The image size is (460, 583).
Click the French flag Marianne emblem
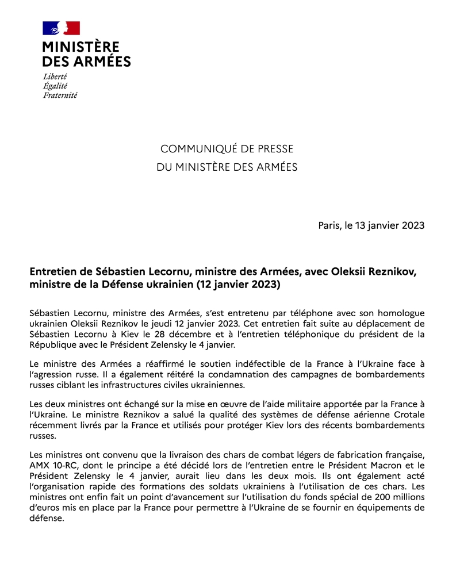point(61,28)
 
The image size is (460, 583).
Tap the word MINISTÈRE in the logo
point(80,47)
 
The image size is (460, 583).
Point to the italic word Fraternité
point(60,95)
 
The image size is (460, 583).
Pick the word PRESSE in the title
point(274,149)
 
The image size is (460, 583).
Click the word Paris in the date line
point(329,225)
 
